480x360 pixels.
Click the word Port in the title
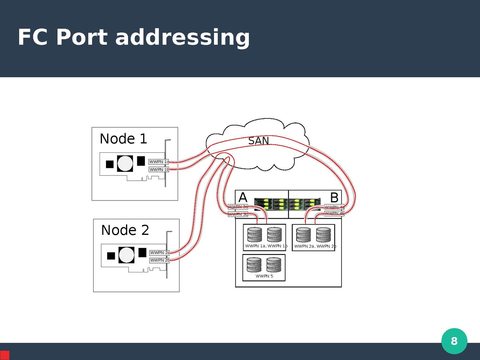click(81, 38)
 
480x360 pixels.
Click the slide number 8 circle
click(454, 341)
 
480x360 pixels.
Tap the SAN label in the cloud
click(258, 141)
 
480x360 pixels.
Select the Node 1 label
click(123, 139)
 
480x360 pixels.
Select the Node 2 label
click(125, 230)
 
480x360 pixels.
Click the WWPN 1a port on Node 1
click(159, 162)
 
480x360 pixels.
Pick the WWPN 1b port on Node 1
click(159, 170)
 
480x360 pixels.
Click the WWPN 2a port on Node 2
click(160, 253)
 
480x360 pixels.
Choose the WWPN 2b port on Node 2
click(160, 260)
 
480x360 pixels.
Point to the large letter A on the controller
click(242, 197)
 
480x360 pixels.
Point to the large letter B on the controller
click(334, 197)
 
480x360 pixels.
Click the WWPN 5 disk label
click(264, 276)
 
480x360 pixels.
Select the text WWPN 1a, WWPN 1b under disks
click(266, 246)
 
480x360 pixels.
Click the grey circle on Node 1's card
click(125, 163)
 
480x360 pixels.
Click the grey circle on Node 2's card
click(126, 254)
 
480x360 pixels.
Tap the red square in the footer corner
click(5, 355)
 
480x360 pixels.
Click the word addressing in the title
click(182, 38)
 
